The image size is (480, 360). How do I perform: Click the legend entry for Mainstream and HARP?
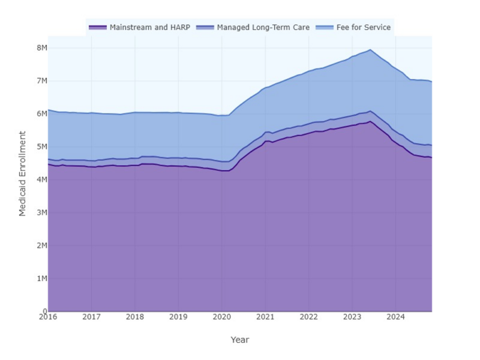coord(149,28)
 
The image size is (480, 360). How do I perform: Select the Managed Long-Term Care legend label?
coord(263,28)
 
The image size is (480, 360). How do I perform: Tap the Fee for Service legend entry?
coord(363,28)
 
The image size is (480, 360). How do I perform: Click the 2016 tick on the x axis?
coord(48,317)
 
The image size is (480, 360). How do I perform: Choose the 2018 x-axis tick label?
coord(135,317)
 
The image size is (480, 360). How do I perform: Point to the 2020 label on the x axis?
coord(222,317)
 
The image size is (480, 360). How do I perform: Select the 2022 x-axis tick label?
coord(308,317)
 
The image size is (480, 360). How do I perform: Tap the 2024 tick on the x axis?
coord(395,317)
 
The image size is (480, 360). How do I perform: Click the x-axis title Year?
coord(239,340)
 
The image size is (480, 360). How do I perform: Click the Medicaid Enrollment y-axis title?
coord(23,173)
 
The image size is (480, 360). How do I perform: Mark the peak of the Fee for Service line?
coord(370,50)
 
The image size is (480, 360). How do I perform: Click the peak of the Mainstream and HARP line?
coord(370,121)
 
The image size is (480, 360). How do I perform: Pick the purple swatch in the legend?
coord(98,28)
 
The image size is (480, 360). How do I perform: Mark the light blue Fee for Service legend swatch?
coord(325,28)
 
